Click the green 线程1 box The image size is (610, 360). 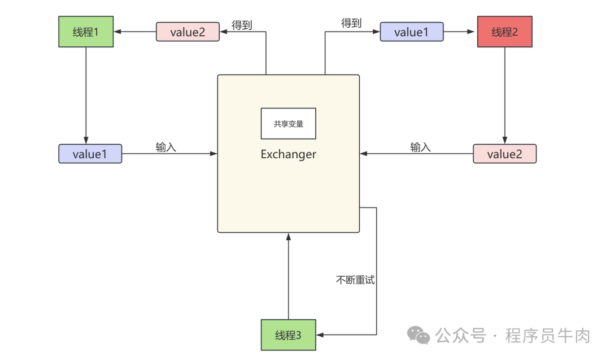coord(86,32)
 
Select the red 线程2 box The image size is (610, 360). coord(504,32)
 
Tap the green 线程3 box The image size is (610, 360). coord(288,335)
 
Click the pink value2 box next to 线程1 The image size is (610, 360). coord(188,32)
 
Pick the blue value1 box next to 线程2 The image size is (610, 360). coord(411,32)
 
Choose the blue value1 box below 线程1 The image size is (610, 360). coord(90,154)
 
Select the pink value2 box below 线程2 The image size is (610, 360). coord(504,154)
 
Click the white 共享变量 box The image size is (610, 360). coord(288,124)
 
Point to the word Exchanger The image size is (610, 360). coord(288,154)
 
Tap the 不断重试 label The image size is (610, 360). coord(355,280)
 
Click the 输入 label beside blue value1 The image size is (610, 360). coord(166,147)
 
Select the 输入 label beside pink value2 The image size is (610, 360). coord(420,147)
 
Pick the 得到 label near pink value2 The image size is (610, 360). coord(242,25)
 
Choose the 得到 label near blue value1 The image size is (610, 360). coord(351,23)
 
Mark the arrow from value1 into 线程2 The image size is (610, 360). coord(460,32)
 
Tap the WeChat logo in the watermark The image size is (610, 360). coord(419,335)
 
